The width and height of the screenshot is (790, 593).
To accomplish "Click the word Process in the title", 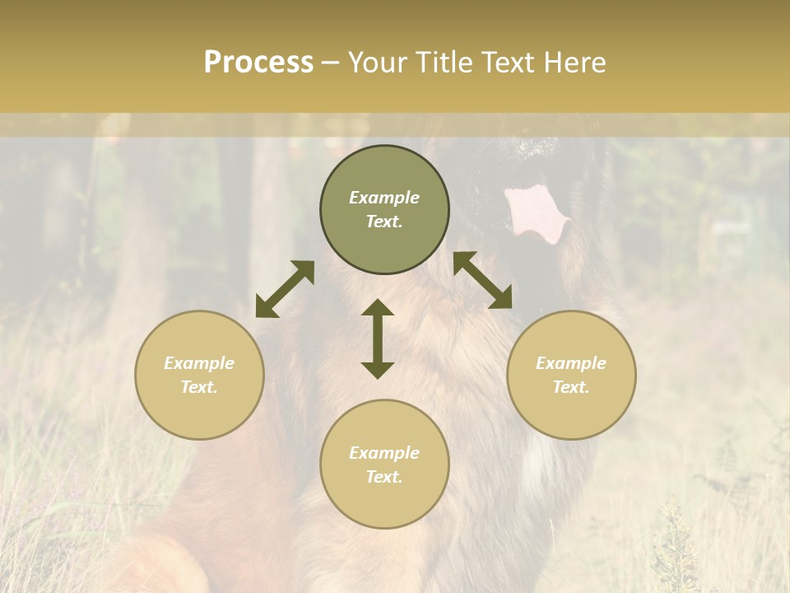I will click(258, 63).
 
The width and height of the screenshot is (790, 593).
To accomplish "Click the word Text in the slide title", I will click(510, 63).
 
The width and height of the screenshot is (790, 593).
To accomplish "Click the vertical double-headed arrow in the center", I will click(378, 339).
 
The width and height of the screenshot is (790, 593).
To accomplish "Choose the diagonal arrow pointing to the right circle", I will click(483, 280).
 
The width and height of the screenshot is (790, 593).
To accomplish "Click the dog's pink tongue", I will click(536, 213).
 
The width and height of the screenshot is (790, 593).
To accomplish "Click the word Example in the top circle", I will click(384, 198).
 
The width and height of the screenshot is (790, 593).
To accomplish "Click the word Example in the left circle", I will click(199, 363).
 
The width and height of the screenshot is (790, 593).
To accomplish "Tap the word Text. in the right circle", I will click(571, 387).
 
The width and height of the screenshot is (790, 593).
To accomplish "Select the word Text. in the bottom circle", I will click(384, 477).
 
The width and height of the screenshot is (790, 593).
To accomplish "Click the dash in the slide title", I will click(330, 63).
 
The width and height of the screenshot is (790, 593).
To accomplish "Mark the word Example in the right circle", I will click(571, 363).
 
